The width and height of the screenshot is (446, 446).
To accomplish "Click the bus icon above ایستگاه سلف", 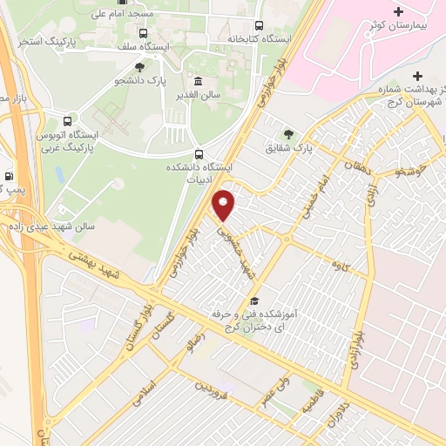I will (143, 33).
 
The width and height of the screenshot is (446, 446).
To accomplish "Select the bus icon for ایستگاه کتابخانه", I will (259, 25).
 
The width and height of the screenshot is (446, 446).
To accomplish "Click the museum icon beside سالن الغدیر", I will (199, 82).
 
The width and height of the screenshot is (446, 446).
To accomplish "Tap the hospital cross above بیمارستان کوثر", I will (399, 12).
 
